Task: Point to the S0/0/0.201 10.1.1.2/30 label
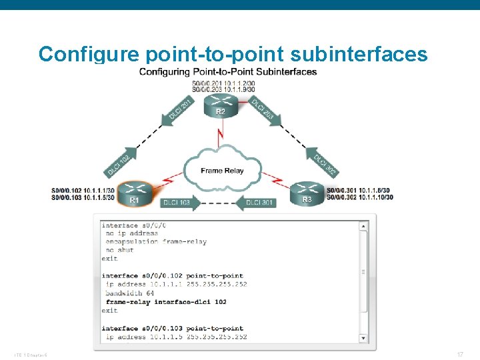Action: pos(223,83)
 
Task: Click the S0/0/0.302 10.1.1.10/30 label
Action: pos(359,197)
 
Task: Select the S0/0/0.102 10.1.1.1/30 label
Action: pos(83,190)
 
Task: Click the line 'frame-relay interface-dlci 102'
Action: pos(166,301)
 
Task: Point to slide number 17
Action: pos(460,355)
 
